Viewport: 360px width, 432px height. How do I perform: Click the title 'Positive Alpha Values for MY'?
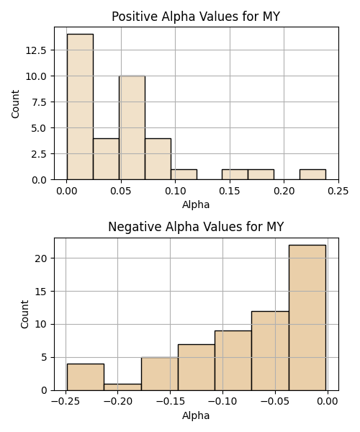[196, 17]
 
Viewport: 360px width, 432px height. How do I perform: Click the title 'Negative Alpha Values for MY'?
[196, 227]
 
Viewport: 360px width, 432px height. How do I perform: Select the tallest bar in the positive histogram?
[80, 107]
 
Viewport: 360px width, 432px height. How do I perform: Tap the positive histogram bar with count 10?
[132, 127]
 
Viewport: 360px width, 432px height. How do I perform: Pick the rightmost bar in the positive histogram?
[312, 174]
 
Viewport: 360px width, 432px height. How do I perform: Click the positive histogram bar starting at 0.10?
[184, 174]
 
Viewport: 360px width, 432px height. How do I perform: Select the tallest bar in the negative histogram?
[307, 318]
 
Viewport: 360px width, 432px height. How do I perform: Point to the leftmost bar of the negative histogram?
[86, 377]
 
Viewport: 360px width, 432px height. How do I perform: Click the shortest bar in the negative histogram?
[122, 387]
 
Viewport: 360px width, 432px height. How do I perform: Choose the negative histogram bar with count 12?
[270, 351]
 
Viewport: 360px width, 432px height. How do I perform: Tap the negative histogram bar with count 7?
[197, 367]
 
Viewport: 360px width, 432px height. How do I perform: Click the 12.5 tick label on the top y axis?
[36, 50]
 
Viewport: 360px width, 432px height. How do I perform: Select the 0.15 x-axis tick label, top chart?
[230, 191]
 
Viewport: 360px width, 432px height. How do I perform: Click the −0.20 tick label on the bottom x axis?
[118, 402]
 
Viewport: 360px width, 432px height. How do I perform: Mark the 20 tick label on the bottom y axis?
[41, 258]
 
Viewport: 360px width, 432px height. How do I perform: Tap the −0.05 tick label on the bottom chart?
[275, 402]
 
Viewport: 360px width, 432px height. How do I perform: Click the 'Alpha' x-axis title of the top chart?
[196, 204]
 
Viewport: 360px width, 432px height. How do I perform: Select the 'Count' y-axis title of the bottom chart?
[24, 314]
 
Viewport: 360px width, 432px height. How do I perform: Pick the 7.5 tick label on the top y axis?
[39, 102]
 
